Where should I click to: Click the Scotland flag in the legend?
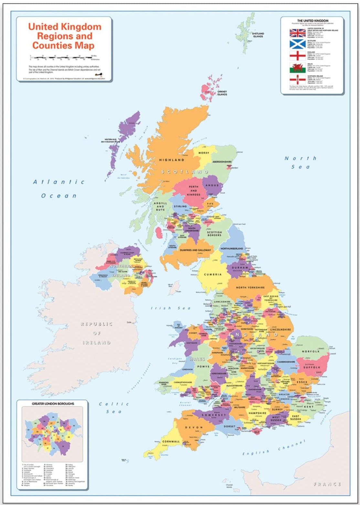click(297, 44)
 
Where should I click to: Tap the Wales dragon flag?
click(297, 68)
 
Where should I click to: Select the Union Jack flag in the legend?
click(297, 33)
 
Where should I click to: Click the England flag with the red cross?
click(297, 56)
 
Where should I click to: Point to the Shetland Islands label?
click(258, 35)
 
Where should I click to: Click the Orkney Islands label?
click(222, 93)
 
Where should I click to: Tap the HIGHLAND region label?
click(172, 160)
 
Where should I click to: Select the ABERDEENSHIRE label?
click(222, 161)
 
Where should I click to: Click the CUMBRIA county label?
click(213, 274)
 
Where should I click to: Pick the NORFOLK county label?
click(311, 351)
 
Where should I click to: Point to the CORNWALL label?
click(171, 441)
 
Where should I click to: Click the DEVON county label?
click(194, 427)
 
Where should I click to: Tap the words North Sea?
click(300, 162)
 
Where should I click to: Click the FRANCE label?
click(327, 484)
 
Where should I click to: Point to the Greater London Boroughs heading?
click(53, 404)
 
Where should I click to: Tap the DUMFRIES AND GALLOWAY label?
click(195, 250)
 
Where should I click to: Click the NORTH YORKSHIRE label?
click(250, 287)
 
